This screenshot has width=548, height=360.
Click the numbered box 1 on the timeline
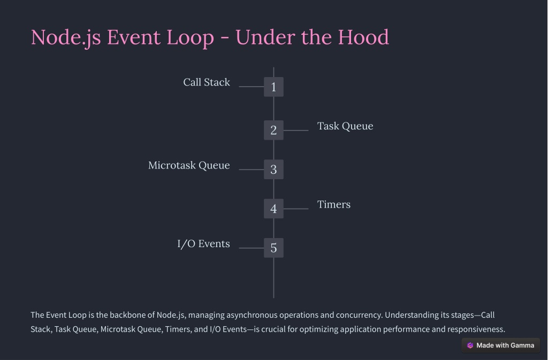tap(273, 87)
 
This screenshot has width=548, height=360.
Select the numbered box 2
tap(273, 130)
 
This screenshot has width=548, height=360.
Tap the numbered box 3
tap(273, 170)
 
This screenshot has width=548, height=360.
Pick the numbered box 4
tap(273, 209)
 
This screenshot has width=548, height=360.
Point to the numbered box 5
tap(273, 248)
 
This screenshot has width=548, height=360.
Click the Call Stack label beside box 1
tap(207, 82)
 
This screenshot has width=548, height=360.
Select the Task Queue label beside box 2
tap(345, 126)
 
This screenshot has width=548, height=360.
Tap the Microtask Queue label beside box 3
tap(189, 165)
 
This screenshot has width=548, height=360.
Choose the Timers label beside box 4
tap(334, 204)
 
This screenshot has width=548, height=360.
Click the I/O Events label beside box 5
tap(203, 244)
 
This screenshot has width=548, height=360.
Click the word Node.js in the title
tap(66, 37)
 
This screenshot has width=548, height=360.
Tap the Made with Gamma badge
tap(501, 346)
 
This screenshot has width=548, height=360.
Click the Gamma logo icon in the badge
tap(470, 346)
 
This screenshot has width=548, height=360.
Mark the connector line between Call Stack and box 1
tap(252, 87)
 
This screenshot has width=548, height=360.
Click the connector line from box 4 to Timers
tap(296, 209)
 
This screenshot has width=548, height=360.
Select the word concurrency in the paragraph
tap(359, 315)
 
